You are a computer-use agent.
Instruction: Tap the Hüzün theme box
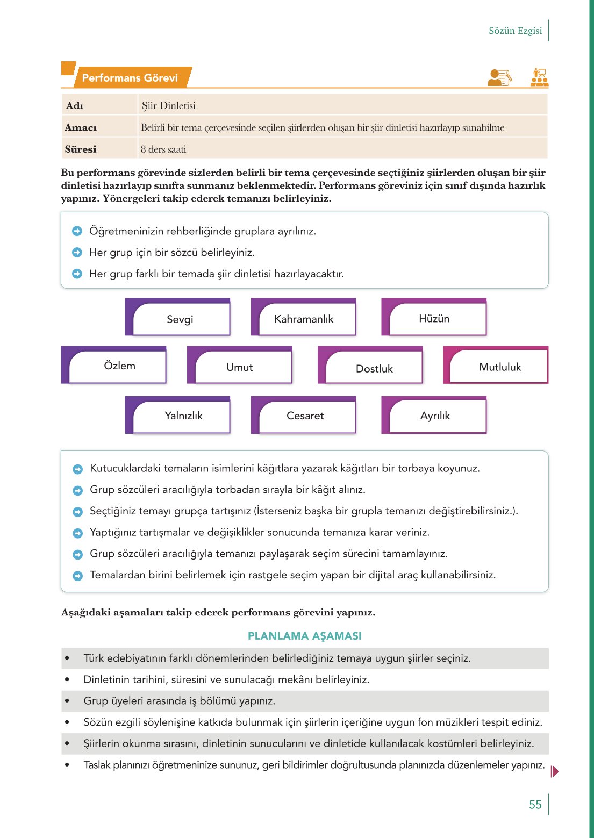[434, 319]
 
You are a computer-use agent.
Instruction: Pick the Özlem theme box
[119, 366]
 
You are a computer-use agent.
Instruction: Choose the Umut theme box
[239, 367]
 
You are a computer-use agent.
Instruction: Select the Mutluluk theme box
[500, 367]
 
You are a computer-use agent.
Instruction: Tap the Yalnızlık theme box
[183, 416]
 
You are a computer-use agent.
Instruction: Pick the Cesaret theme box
[305, 416]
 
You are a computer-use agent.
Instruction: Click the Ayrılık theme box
[435, 416]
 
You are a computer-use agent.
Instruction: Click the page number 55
[535, 805]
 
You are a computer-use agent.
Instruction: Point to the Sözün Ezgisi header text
[515, 31]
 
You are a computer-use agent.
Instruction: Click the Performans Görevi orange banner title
[130, 78]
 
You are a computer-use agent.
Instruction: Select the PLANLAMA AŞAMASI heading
[304, 636]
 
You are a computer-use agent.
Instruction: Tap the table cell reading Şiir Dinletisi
[169, 106]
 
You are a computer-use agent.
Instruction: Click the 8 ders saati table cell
[163, 149]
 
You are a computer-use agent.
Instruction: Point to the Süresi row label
[81, 149]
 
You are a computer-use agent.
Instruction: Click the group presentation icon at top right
[539, 77]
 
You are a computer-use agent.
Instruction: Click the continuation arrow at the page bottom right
[555, 771]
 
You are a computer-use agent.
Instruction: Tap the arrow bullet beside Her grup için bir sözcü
[77, 253]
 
